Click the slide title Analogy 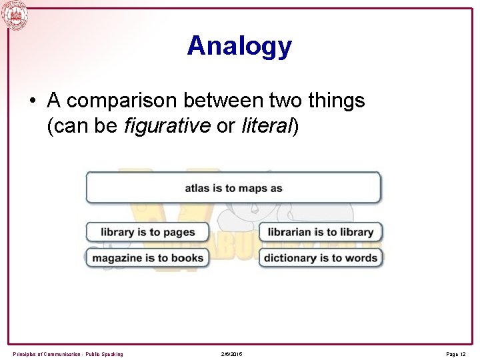pyautogui.click(x=239, y=46)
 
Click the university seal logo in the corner pyautogui.click(x=15, y=15)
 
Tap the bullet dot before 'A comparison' pyautogui.click(x=32, y=101)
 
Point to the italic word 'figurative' pyautogui.click(x=167, y=125)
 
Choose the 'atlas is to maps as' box pyautogui.click(x=233, y=188)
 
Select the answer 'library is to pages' pyautogui.click(x=147, y=232)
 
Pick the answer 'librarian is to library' pyautogui.click(x=321, y=232)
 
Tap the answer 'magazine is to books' pyautogui.click(x=147, y=258)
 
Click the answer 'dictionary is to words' pyautogui.click(x=321, y=258)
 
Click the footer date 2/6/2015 pyautogui.click(x=231, y=354)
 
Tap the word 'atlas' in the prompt pyautogui.click(x=197, y=188)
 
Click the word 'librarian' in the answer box pyautogui.click(x=289, y=232)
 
